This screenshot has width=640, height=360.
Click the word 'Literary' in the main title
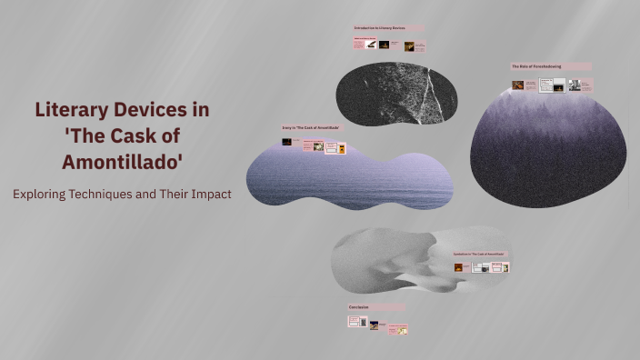coord(74,110)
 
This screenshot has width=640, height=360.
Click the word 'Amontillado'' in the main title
coord(122,163)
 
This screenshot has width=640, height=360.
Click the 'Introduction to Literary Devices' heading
coord(380,29)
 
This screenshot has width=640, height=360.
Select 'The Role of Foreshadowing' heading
coord(536,66)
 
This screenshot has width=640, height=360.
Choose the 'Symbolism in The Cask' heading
coord(478,254)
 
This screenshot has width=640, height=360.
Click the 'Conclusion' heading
coord(358,307)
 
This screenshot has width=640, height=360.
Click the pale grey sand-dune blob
coord(391,259)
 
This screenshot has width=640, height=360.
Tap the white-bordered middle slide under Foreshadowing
coord(546,85)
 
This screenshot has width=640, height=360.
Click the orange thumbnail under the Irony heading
coord(342,148)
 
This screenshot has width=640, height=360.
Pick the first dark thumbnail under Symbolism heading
coord(458,267)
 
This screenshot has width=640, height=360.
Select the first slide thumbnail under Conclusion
coord(354,321)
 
